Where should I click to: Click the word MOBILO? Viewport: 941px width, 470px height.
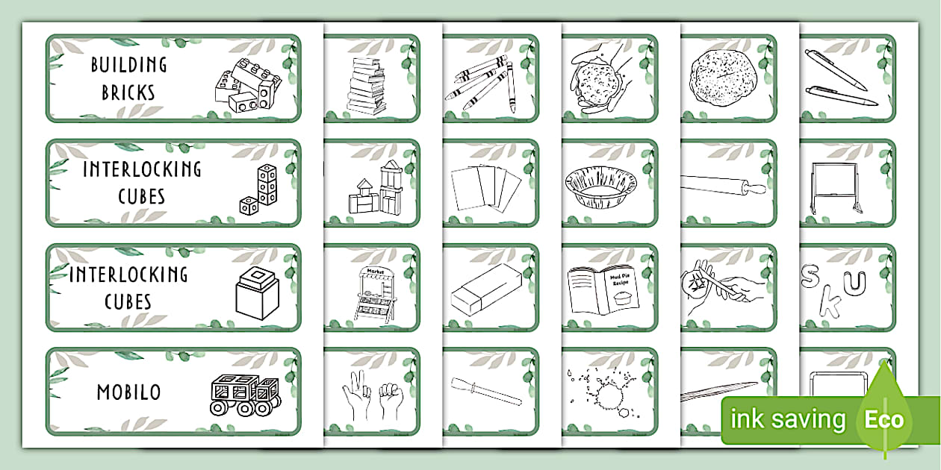[x=128, y=392]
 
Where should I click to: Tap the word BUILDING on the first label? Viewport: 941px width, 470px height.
[x=128, y=65]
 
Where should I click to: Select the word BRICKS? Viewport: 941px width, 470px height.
[x=128, y=93]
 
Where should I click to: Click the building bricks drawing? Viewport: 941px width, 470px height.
[x=246, y=87]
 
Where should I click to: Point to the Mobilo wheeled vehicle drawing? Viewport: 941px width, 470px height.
[x=244, y=393]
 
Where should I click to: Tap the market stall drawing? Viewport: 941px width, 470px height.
[x=370, y=292]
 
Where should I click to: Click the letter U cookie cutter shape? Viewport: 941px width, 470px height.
[x=860, y=282]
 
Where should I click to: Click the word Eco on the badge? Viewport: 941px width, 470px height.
[x=884, y=419]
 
